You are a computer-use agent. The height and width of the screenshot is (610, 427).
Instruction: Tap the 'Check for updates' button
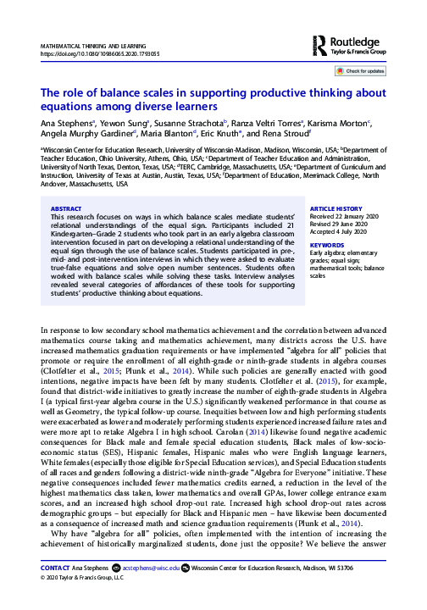(x=363, y=72)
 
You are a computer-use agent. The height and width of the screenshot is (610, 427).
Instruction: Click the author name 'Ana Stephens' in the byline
(x=64, y=123)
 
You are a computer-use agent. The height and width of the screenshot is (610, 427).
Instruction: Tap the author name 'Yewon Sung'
(x=115, y=123)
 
